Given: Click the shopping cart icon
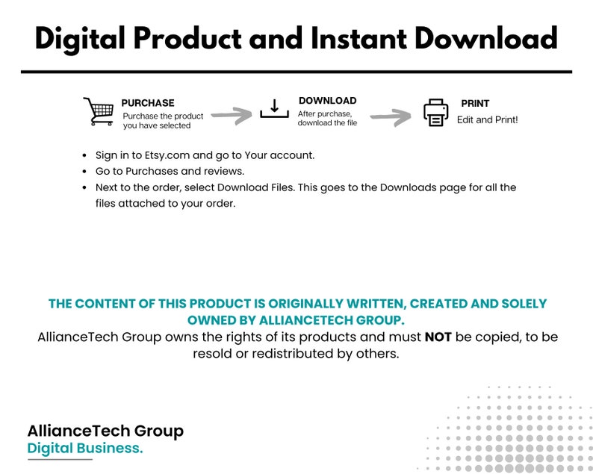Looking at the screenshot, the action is point(99,112).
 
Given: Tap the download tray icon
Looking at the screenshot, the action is point(275,109).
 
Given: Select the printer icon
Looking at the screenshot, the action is point(435,113).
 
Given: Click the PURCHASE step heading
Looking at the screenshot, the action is point(148,103).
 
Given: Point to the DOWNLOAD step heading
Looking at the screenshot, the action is point(328,101).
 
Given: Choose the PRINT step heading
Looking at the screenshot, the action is point(475,103).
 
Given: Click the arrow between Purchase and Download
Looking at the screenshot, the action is point(232,115).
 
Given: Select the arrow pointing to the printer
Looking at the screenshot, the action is point(391,117).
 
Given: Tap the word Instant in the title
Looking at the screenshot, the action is point(359,38).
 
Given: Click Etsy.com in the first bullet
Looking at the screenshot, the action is point(167,156).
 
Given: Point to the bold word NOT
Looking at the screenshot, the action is point(438,337).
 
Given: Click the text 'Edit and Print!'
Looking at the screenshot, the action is point(487,120).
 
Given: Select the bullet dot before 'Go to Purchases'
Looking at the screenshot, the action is point(84,172).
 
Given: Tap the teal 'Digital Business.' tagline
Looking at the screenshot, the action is point(85,449).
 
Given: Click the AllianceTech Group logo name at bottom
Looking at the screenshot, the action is point(105,431).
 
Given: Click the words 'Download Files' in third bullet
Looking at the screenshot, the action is point(255,187).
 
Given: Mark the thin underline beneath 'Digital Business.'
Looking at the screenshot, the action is point(60,460).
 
